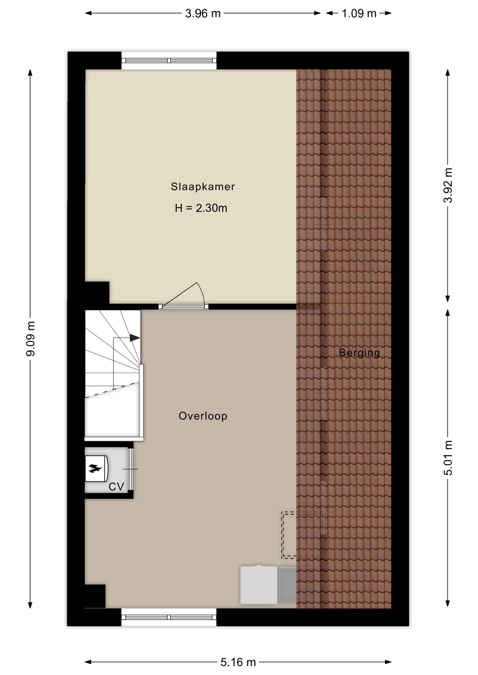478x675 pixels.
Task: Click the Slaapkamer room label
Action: pos(203,187)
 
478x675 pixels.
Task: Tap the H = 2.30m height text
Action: pos(201,208)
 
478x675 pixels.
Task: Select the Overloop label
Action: pos(203,416)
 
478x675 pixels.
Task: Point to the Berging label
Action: pos(359,353)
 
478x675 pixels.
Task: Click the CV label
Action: pos(116,487)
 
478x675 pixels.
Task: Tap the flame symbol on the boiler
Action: pos(95,468)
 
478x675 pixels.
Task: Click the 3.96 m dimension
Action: pos(203,13)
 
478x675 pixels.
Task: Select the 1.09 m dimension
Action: pos(359,13)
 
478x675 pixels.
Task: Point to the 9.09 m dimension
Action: pos(31,339)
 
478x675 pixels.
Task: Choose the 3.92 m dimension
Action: pos(448,185)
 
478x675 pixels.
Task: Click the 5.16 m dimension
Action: pos(238,662)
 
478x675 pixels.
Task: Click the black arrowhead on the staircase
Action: pos(135,338)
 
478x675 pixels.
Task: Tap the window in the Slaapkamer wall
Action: pos(169,60)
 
